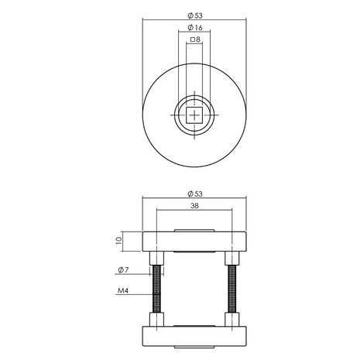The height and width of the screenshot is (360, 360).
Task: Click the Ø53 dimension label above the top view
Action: pyautogui.click(x=194, y=15)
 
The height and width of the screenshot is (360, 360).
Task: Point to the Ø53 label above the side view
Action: pyautogui.click(x=194, y=193)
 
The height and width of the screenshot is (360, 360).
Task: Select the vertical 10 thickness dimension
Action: pyautogui.click(x=118, y=240)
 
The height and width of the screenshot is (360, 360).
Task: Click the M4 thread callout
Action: pyautogui.click(x=122, y=292)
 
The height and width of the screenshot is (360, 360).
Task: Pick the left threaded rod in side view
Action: pyautogui.click(x=158, y=290)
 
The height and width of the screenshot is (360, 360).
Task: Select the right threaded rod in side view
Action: pyautogui.click(x=231, y=290)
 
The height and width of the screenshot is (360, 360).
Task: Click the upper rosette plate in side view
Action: pyautogui.click(x=194, y=240)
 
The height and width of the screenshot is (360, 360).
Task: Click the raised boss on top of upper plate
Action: pyautogui.click(x=194, y=230)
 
